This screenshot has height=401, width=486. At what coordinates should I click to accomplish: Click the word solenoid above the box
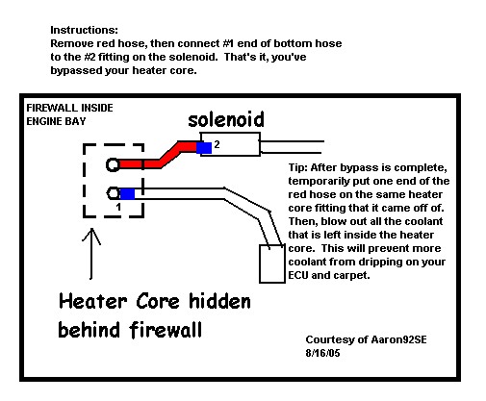(226, 119)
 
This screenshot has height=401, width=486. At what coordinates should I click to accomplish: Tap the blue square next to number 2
(204, 148)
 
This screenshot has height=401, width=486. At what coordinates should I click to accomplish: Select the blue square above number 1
(127, 194)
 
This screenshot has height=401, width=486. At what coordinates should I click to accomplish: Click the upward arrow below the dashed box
(91, 254)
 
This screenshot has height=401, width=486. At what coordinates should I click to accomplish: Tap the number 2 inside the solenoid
(217, 144)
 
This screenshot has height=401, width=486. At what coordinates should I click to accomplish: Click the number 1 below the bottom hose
(118, 207)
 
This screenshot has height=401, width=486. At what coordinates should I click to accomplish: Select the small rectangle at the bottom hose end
(272, 263)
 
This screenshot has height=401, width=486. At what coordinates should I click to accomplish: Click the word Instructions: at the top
(84, 30)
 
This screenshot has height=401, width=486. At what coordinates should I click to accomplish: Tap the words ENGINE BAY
(56, 121)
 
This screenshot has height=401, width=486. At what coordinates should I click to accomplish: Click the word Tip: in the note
(298, 167)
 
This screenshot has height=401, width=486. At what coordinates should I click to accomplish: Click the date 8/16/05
(322, 353)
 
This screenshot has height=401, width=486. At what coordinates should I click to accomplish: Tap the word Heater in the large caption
(93, 301)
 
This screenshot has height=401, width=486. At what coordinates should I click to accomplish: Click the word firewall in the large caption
(166, 330)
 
